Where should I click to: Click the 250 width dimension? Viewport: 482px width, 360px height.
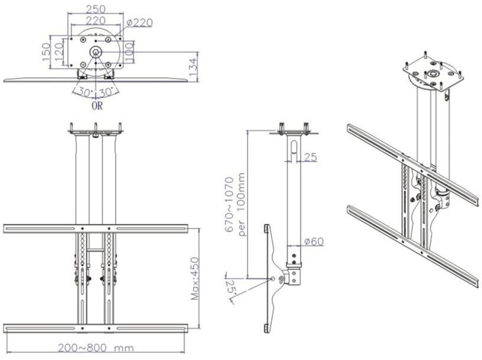point(95,9)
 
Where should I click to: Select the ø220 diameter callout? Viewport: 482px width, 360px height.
point(139,23)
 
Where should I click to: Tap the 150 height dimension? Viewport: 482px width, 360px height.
point(45,51)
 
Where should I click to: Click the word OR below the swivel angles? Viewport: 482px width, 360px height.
point(97,106)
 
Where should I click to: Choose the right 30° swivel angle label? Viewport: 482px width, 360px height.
point(107,92)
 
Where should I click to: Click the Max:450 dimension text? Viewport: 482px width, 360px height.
point(195,279)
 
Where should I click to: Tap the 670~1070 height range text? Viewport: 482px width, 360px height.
point(230,205)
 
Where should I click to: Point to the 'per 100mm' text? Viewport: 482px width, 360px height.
point(242,205)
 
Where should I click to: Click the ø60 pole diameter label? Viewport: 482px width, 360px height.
point(314,242)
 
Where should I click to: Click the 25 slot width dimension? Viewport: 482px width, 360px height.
point(311,157)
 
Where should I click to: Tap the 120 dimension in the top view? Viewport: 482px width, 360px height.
point(58,51)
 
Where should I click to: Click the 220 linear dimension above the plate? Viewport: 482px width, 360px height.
point(95,21)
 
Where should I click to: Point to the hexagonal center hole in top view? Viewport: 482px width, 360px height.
point(96,51)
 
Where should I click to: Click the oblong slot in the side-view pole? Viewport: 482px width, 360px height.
point(294,147)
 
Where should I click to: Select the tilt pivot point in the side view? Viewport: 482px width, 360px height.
point(273,278)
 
